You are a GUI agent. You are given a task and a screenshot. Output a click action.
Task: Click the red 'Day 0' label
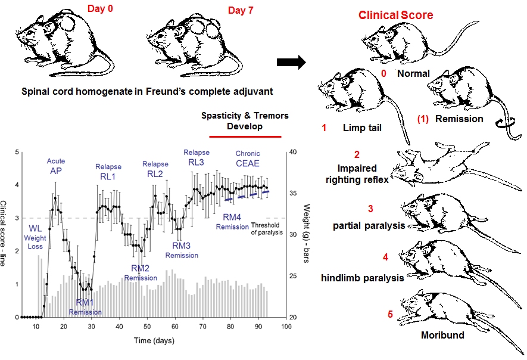tap(104, 10)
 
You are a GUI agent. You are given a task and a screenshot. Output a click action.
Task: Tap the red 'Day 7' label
tap(243, 10)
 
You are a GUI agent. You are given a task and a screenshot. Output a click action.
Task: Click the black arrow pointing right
tap(290, 61)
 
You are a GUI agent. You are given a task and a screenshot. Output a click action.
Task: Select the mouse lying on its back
tap(441, 163)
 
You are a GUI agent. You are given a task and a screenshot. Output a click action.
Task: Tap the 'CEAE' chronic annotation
tap(248, 164)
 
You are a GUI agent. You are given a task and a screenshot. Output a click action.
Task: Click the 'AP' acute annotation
tap(56, 171)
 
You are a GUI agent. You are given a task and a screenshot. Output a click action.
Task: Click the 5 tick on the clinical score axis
tap(15, 151)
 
